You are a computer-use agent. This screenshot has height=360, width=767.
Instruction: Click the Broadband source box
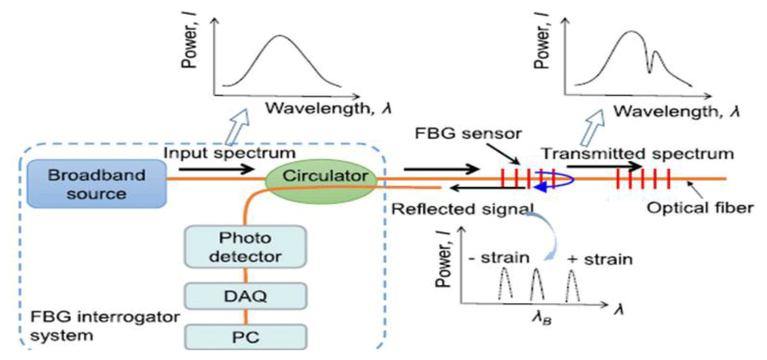click(x=97, y=184)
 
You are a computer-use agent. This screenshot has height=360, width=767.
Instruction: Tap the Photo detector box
click(x=246, y=247)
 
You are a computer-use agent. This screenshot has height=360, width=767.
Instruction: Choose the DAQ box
click(x=246, y=296)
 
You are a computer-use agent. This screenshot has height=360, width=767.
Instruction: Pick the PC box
click(x=246, y=338)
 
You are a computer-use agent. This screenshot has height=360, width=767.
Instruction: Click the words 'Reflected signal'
click(x=462, y=208)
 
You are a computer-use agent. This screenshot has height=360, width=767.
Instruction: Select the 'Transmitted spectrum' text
click(x=638, y=154)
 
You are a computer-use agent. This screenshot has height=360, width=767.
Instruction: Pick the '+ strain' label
click(x=599, y=259)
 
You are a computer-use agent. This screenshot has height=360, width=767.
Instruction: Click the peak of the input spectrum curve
click(x=279, y=36)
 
